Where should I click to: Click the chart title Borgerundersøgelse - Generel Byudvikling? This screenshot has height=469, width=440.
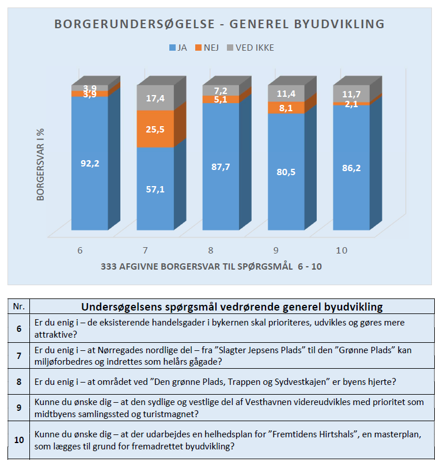tap(219, 24)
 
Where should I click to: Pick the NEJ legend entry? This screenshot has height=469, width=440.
tap(206, 48)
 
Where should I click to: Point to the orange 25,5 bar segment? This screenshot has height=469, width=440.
tap(155, 128)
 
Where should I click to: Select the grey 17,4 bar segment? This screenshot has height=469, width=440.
tap(155, 99)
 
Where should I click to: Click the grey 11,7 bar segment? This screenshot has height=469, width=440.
tap(351, 93)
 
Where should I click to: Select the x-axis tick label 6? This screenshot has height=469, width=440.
tap(80, 251)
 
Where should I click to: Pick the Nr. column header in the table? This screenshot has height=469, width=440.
tap(19, 307)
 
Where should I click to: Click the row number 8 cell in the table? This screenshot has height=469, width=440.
tap(19, 381)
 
